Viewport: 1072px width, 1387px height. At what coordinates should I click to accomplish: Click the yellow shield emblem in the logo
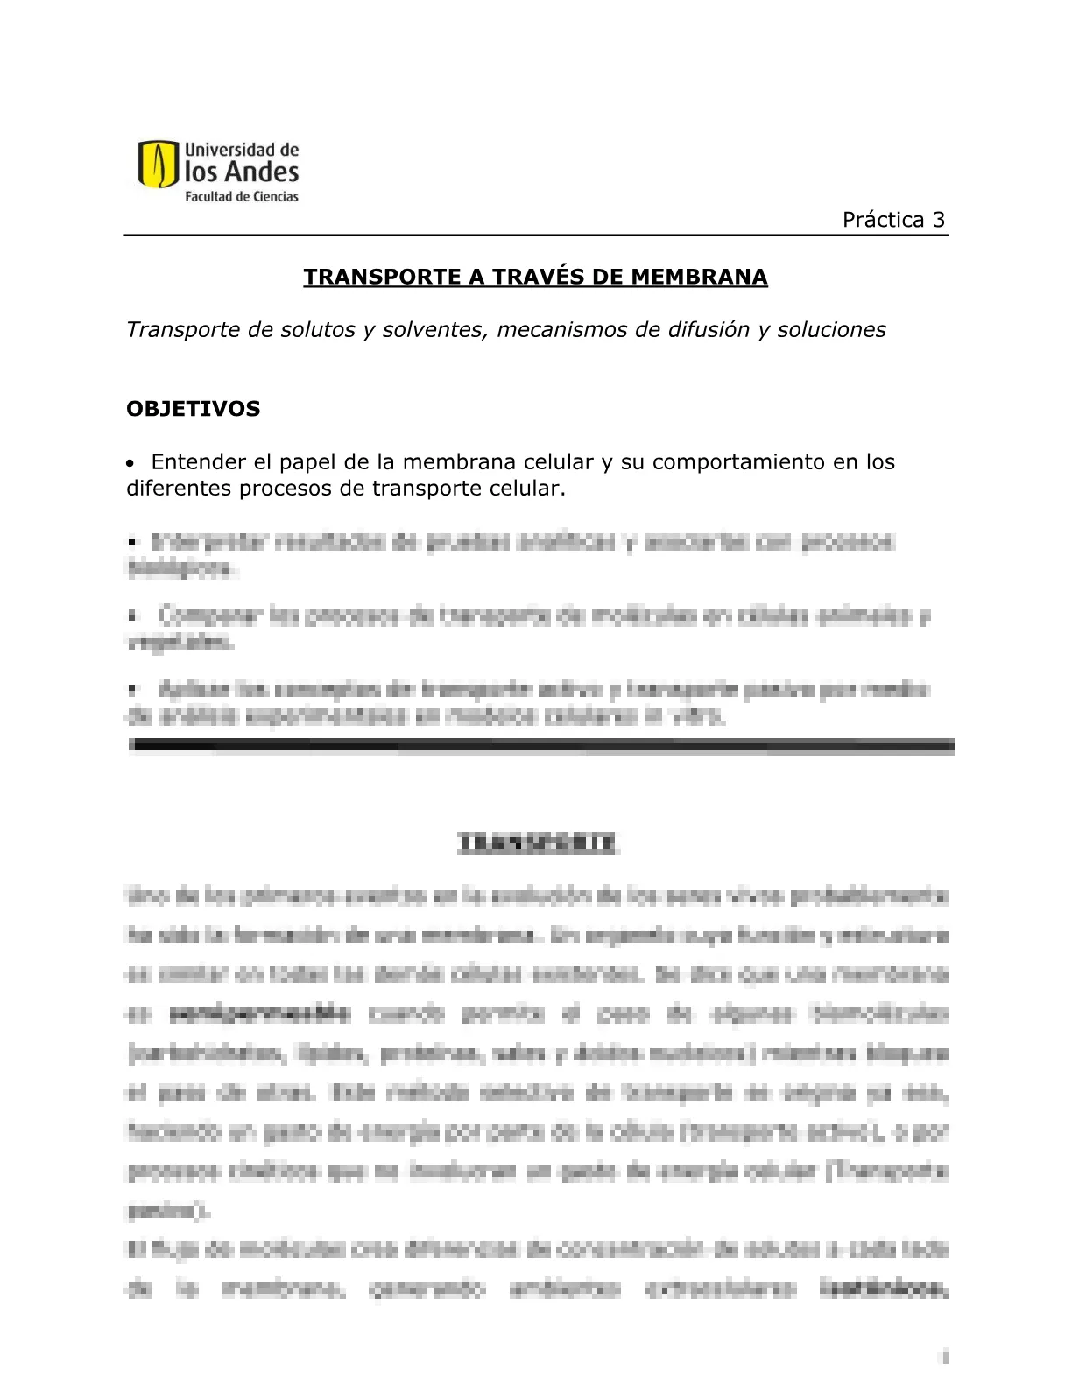pos(158,165)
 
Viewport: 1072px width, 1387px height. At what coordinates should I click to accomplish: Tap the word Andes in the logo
pos(261,172)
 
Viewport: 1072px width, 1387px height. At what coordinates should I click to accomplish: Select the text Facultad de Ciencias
pos(241,197)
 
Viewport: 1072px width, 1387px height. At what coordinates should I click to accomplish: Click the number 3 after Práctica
pos(939,220)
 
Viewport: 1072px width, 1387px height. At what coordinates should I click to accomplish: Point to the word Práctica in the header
pos(883,220)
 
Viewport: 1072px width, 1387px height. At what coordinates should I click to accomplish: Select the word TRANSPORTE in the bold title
pos(382,278)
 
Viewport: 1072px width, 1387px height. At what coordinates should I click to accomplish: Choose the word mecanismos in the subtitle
pos(563,330)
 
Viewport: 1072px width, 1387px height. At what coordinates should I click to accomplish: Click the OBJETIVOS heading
pos(194,409)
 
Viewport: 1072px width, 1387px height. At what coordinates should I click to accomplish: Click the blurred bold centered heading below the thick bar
pos(537,843)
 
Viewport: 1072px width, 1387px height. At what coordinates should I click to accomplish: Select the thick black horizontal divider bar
pos(540,746)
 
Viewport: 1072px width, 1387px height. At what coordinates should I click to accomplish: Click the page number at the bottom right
pos(945,1358)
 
